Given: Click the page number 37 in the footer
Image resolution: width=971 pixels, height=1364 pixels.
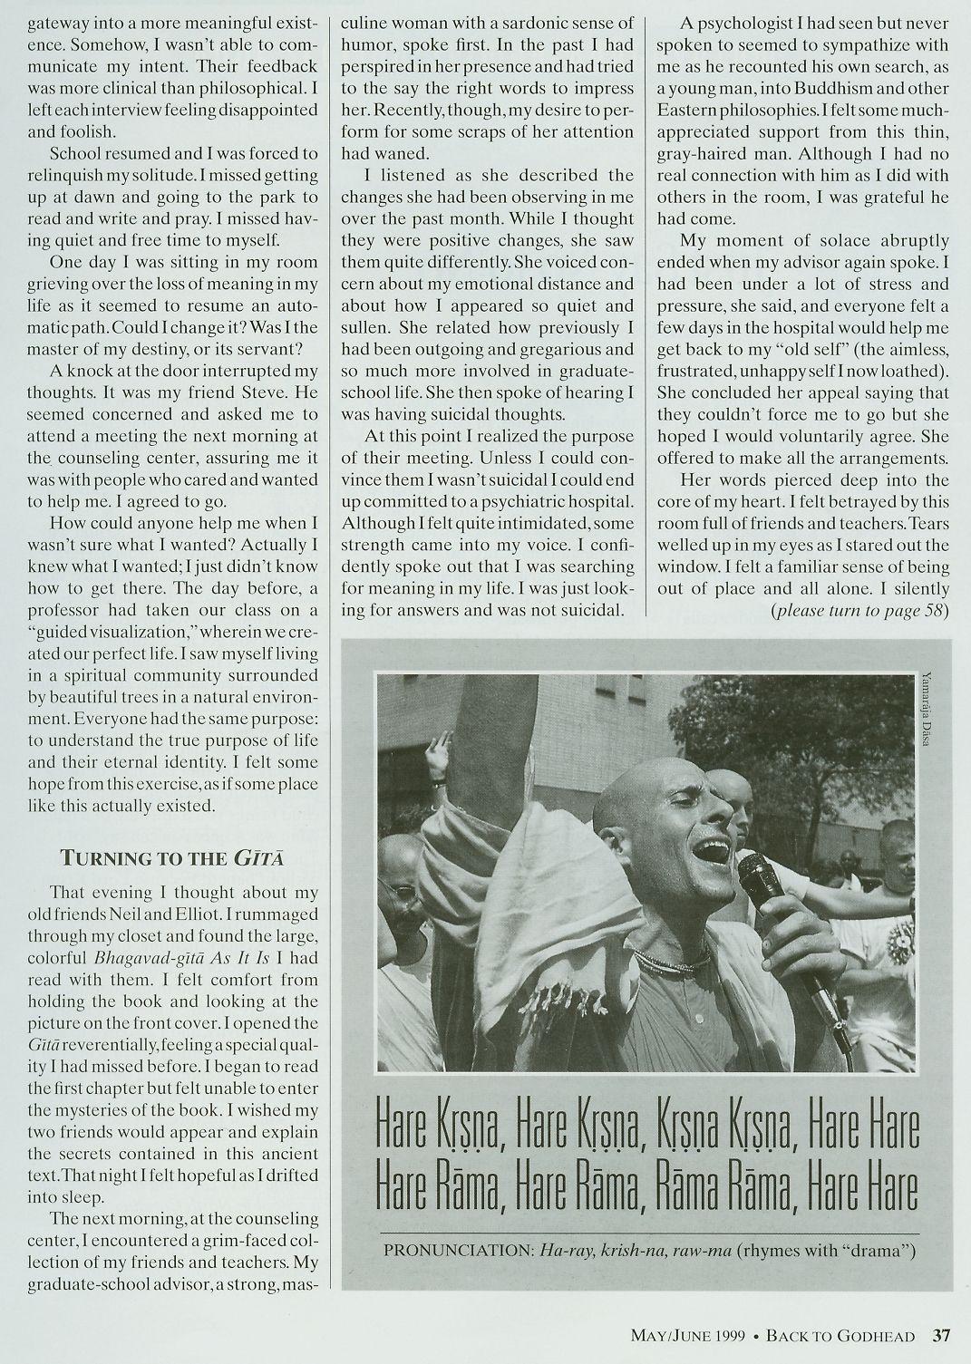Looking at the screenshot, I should pos(941,1334).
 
